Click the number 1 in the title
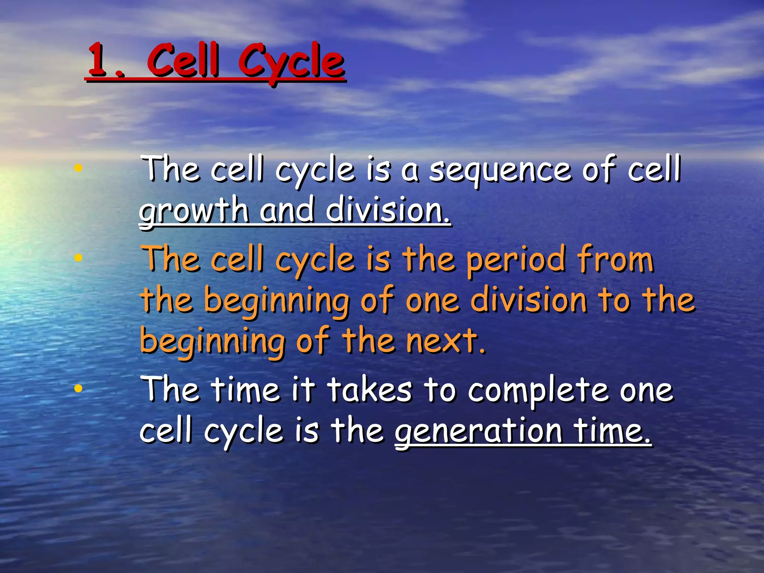click(98, 60)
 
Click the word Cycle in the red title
click(291, 62)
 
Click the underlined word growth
click(194, 211)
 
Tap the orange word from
click(616, 259)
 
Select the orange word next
click(446, 341)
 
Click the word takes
click(370, 390)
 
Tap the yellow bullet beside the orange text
click(78, 257)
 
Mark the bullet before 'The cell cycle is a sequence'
click(78, 168)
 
